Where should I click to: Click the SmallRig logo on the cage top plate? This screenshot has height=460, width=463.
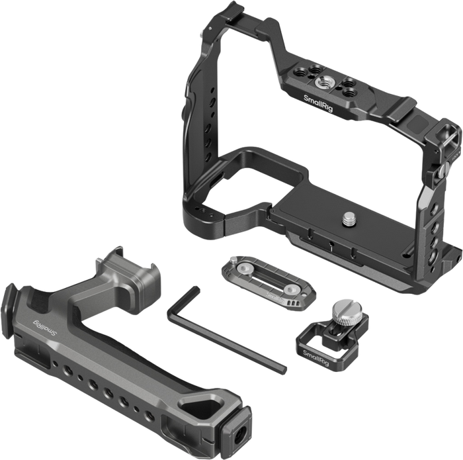point(318,103)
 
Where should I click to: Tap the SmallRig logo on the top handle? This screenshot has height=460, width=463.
point(44,328)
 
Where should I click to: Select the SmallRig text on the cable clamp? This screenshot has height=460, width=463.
point(316,358)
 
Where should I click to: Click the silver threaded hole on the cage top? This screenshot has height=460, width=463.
point(321,82)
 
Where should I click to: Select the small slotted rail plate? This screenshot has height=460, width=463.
point(269,281)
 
